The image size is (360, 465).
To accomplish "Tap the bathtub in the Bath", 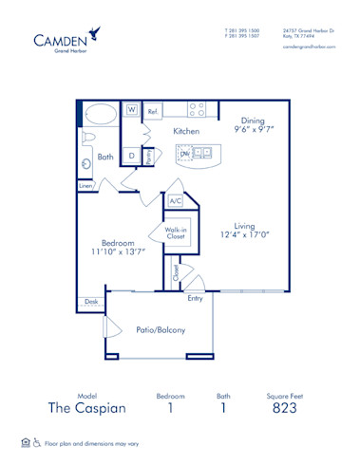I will [x=99, y=115].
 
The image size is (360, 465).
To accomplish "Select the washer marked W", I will [x=132, y=111].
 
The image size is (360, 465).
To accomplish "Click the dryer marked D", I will [x=132, y=156].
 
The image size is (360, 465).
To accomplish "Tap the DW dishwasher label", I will [x=185, y=153].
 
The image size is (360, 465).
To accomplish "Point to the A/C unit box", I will [x=175, y=201].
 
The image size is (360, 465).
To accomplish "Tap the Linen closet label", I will [x=85, y=186].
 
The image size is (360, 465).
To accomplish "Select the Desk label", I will [x=91, y=302].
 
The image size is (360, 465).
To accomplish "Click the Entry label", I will [x=195, y=298].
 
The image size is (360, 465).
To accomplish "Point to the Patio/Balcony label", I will [x=161, y=329].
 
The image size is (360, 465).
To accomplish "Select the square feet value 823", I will [x=284, y=408].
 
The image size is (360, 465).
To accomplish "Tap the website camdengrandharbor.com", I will [x=310, y=46].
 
